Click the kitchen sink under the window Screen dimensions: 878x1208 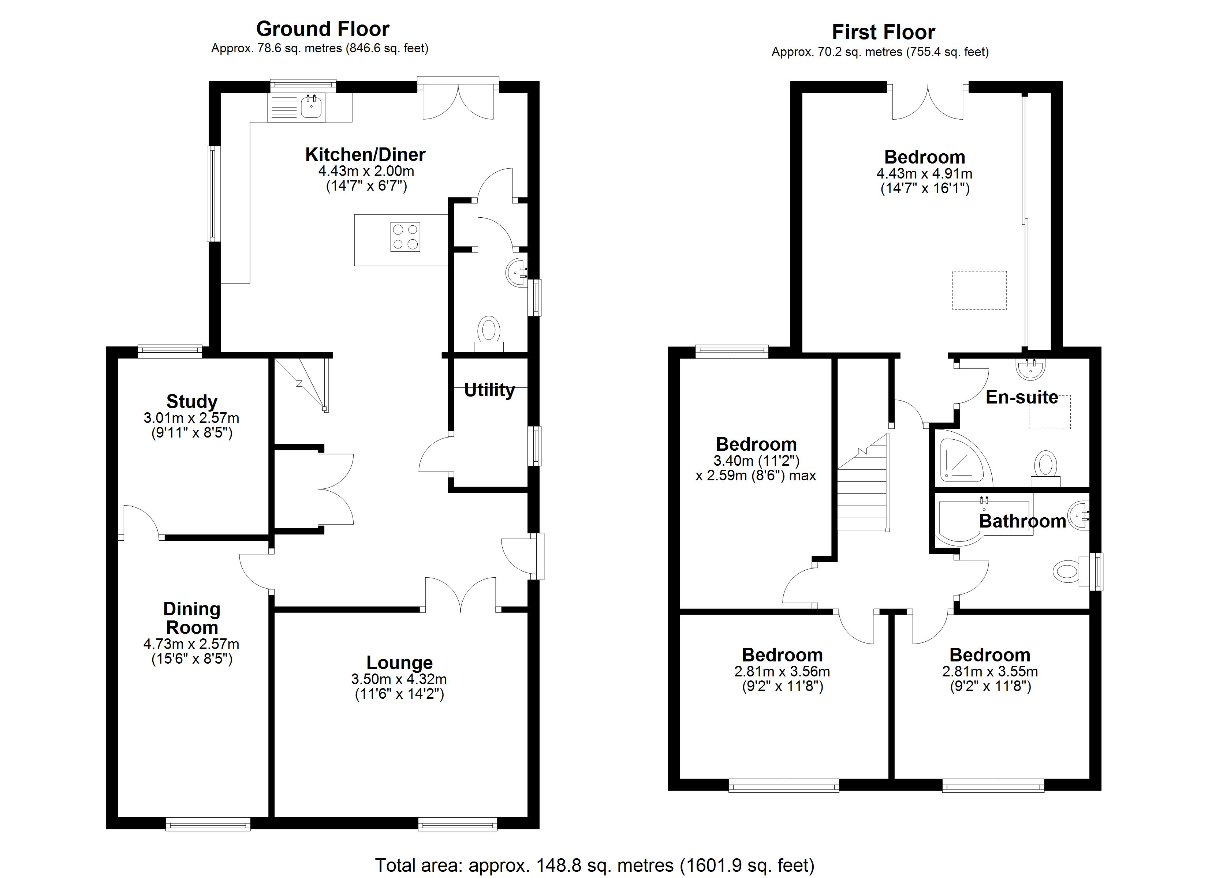click(x=311, y=107)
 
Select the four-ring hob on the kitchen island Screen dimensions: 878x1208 click(x=405, y=236)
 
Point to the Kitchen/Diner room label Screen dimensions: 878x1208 click(x=365, y=154)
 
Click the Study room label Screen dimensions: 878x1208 click(x=192, y=401)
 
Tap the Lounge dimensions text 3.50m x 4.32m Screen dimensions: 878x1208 click(x=398, y=679)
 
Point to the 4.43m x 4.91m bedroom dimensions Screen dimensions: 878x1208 click(x=924, y=173)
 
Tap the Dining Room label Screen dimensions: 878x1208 click(x=192, y=618)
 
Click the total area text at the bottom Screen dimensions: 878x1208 click(x=594, y=865)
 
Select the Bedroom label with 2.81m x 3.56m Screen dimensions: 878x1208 click(x=782, y=654)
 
